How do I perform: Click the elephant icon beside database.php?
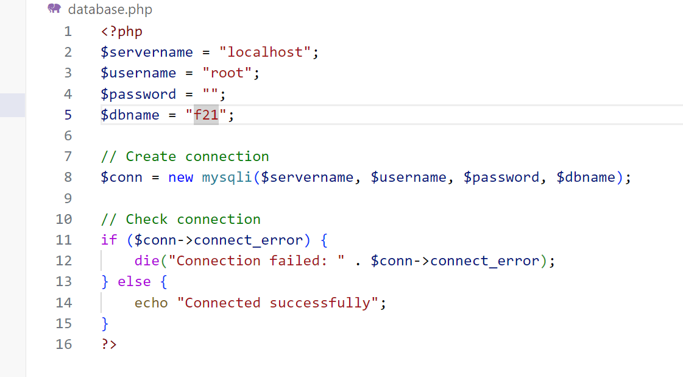[x=54, y=9]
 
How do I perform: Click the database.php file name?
[x=110, y=9]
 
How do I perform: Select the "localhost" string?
[x=265, y=52]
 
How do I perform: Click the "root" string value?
[x=227, y=73]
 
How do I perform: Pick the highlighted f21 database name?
[x=206, y=115]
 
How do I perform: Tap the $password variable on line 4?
[x=138, y=94]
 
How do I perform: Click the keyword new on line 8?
[x=181, y=177]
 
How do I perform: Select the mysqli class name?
[x=227, y=177]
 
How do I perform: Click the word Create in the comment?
[x=150, y=156]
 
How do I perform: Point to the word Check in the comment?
[x=146, y=219]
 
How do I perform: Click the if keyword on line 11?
[x=109, y=240]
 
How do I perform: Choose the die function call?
[x=147, y=260]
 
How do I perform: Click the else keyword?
[x=134, y=281]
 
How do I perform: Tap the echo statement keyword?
[x=150, y=303]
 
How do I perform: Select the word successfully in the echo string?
[x=320, y=303]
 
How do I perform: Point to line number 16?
[x=63, y=344]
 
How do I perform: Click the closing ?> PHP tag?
[x=109, y=344]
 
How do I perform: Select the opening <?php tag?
[x=121, y=32]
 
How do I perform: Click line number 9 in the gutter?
[x=68, y=198]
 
